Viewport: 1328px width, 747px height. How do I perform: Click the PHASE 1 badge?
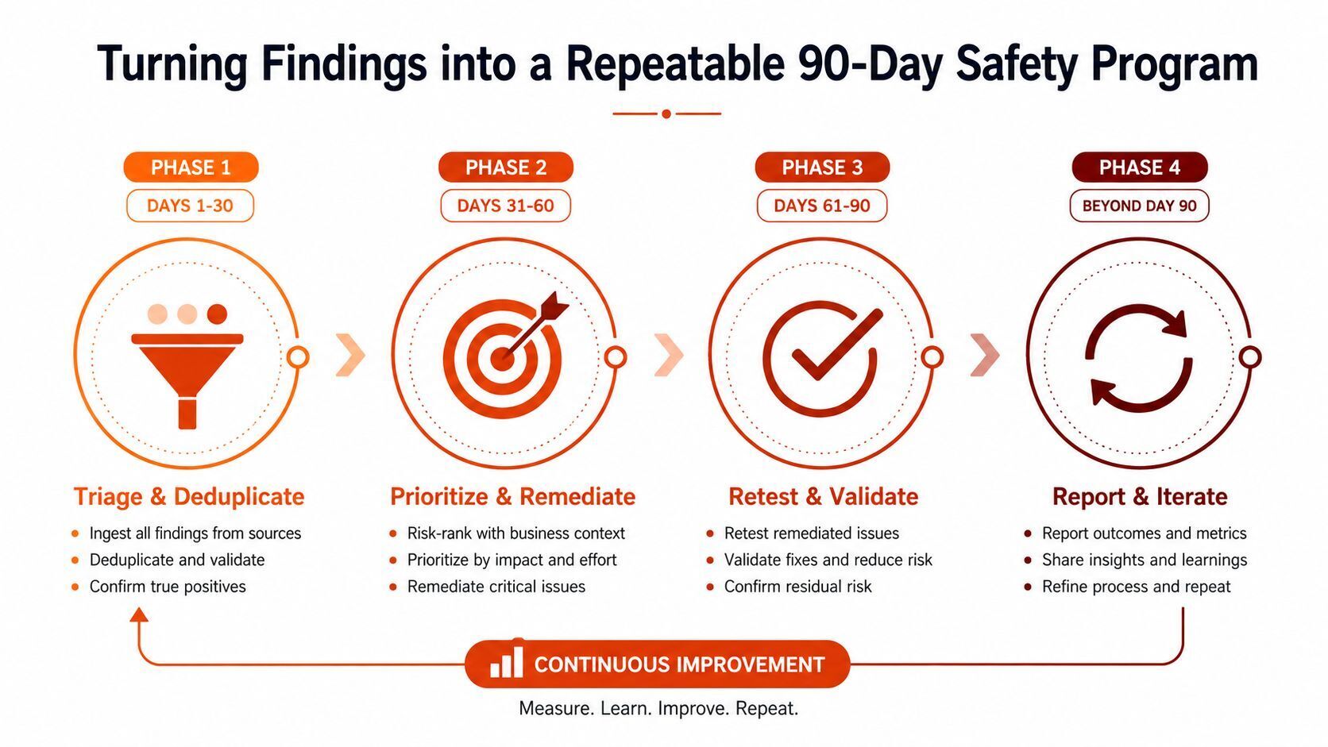191,167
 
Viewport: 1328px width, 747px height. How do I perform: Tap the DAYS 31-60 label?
506,206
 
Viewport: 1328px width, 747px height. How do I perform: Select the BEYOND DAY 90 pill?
1140,206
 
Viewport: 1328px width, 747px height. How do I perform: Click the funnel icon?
187,366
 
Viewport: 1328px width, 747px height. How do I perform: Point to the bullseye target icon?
506,354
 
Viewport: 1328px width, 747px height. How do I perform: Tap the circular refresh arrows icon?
1139,357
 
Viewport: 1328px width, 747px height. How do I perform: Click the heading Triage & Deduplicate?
189,496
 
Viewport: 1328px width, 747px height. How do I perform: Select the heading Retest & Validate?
824,496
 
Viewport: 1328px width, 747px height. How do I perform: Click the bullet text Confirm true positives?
168,587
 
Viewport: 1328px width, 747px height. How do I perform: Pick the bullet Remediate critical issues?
496,587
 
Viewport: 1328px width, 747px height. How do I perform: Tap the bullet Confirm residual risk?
798,587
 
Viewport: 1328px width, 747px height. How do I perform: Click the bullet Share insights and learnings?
1145,560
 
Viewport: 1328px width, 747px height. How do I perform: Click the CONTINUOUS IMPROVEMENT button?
658,664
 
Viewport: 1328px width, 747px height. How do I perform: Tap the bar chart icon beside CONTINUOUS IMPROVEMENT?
506,661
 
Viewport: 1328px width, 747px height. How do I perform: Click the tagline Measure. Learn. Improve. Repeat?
658,708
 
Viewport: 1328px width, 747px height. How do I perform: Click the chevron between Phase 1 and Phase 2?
350,356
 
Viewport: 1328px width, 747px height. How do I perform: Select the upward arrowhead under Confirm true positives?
139,615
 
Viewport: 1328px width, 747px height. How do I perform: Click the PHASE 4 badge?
1140,167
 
